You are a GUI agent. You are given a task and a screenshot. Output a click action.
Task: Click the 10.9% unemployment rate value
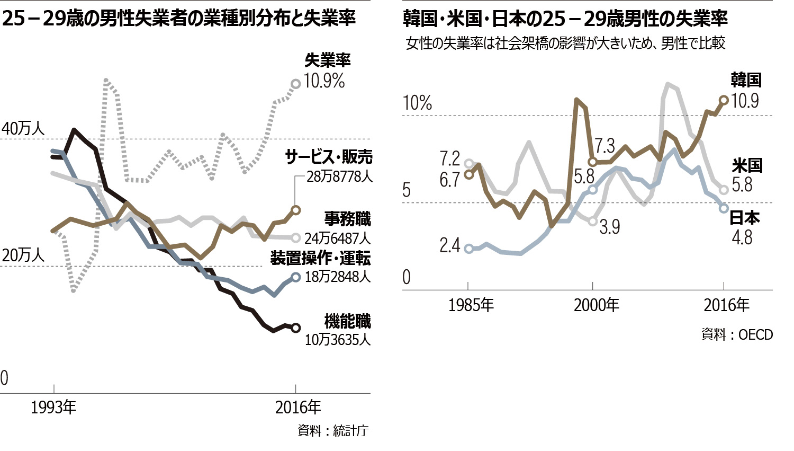click(x=324, y=81)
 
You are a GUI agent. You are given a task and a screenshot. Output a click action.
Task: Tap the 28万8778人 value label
click(x=339, y=176)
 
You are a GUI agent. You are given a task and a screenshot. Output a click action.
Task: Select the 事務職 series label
click(x=347, y=219)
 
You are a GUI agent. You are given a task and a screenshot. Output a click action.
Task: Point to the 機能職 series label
click(x=347, y=321)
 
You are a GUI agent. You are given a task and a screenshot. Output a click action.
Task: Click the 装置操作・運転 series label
click(x=320, y=258)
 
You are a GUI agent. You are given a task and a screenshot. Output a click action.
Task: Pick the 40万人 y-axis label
click(x=23, y=129)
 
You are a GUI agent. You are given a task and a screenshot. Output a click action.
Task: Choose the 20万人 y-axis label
click(x=23, y=255)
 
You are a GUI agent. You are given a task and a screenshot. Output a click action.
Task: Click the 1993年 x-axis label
click(x=53, y=408)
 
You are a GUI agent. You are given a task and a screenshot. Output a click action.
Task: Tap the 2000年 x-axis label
click(x=597, y=305)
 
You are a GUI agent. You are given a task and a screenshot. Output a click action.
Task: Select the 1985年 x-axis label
click(x=471, y=305)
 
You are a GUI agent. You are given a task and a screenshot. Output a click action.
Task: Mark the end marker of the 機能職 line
click(x=296, y=328)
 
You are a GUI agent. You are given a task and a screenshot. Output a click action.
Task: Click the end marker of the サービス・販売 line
click(x=296, y=210)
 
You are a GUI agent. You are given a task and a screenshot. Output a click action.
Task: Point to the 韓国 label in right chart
click(x=746, y=80)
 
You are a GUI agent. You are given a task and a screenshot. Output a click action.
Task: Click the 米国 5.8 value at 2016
click(x=742, y=184)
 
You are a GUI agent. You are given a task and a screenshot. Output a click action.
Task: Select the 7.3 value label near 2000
click(x=604, y=146)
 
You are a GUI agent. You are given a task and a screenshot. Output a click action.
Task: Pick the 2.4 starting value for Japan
click(x=449, y=245)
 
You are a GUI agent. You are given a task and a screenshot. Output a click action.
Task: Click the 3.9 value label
click(x=609, y=227)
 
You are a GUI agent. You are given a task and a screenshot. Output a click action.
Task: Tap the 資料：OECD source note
click(x=737, y=335)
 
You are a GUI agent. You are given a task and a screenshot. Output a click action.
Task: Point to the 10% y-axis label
click(x=417, y=103)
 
